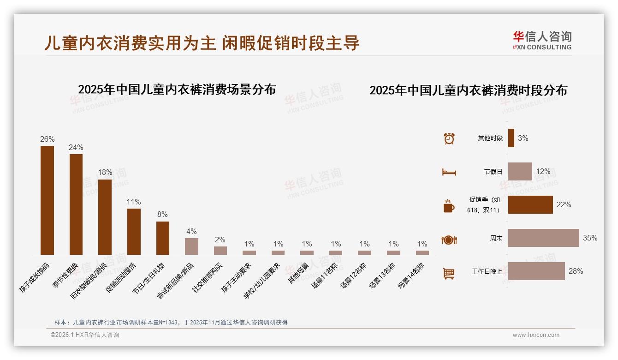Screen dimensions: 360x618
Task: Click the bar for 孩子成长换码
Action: click(x=47, y=200)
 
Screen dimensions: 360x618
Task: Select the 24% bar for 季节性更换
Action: click(x=76, y=204)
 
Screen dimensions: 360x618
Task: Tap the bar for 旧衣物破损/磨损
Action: click(x=105, y=217)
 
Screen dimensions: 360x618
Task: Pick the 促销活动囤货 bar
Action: click(x=134, y=231)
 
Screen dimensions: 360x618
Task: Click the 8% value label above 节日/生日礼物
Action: click(x=162, y=215)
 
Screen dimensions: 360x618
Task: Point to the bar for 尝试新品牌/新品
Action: click(x=191, y=246)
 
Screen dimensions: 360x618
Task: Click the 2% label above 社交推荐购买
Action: click(x=220, y=240)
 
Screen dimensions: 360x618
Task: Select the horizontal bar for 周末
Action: click(x=543, y=238)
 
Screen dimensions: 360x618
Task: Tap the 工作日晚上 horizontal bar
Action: click(x=536, y=271)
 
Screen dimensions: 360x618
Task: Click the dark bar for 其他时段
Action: click(x=511, y=138)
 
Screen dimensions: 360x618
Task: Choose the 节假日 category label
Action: click(x=493, y=172)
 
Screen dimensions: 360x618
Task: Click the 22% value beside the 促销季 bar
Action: click(x=564, y=204)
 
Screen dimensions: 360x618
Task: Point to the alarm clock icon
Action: click(x=449, y=138)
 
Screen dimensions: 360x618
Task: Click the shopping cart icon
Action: click(x=449, y=273)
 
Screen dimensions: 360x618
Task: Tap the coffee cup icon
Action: click(x=449, y=206)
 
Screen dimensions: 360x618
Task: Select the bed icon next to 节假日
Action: click(x=449, y=172)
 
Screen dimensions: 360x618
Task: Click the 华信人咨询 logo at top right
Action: click(x=542, y=40)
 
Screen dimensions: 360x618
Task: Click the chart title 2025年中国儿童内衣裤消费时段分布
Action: click(x=468, y=90)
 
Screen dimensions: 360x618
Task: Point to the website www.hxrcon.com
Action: click(x=536, y=335)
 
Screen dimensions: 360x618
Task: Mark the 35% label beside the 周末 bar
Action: click(x=590, y=238)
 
